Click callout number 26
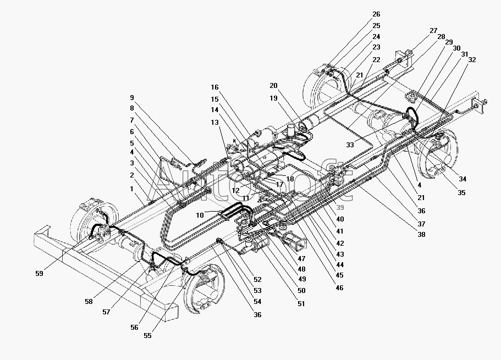tap(376, 14)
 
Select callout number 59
tap(39, 273)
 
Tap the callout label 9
tap(132, 98)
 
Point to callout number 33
tap(350, 145)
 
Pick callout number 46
tap(339, 288)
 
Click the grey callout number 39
tap(340, 208)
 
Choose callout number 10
tap(200, 215)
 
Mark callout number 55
tap(147, 336)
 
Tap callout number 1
tap(131, 189)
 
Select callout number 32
tap(472, 60)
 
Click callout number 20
tap(273, 86)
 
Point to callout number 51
tap(301, 304)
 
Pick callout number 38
tap(421, 235)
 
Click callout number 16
tap(214, 87)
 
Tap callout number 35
tap(461, 192)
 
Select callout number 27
tap(433, 31)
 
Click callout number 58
tap(89, 301)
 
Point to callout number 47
tap(301, 259)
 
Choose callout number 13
tap(214, 123)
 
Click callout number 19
tap(273, 98)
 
